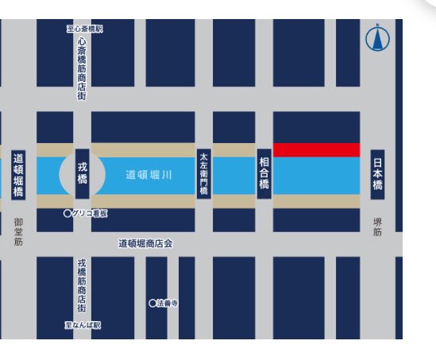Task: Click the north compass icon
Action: tap(377, 38)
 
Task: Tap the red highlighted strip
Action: tap(316, 150)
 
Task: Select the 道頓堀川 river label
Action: tap(149, 175)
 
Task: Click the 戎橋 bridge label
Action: tap(82, 174)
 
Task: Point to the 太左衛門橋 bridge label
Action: tap(203, 174)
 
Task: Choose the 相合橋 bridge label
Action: tap(264, 173)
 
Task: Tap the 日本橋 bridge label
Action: tap(378, 174)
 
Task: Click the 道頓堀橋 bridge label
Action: tap(18, 175)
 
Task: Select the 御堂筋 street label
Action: tap(18, 231)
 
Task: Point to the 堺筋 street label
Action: tap(378, 226)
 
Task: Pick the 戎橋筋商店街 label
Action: tap(82, 285)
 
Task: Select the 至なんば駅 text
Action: tap(83, 325)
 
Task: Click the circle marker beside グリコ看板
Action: tap(68, 214)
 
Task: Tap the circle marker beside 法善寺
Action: tap(152, 303)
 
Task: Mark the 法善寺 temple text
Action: tap(167, 303)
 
